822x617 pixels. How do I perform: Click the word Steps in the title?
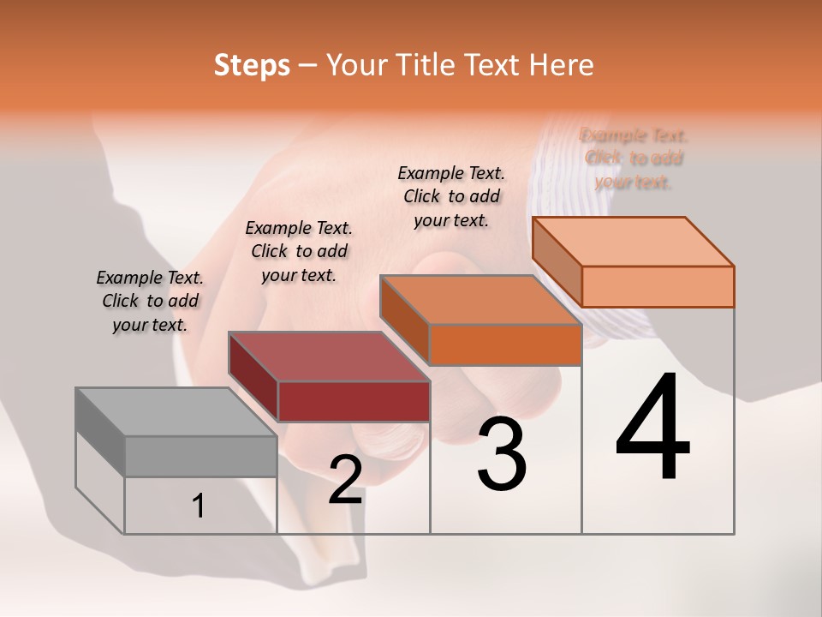252,65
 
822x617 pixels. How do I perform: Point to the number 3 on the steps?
501,454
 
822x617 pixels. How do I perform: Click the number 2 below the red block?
345,480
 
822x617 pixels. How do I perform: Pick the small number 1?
199,506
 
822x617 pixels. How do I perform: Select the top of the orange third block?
479,300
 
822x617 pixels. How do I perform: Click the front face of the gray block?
201,456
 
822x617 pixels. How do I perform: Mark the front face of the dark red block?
354,401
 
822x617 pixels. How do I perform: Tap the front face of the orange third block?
505,344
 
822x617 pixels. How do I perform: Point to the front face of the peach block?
658,286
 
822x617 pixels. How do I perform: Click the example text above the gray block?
150,302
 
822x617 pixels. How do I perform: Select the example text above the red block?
299,251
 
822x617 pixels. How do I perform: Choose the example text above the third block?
451,196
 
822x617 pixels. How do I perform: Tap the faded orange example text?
634,159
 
